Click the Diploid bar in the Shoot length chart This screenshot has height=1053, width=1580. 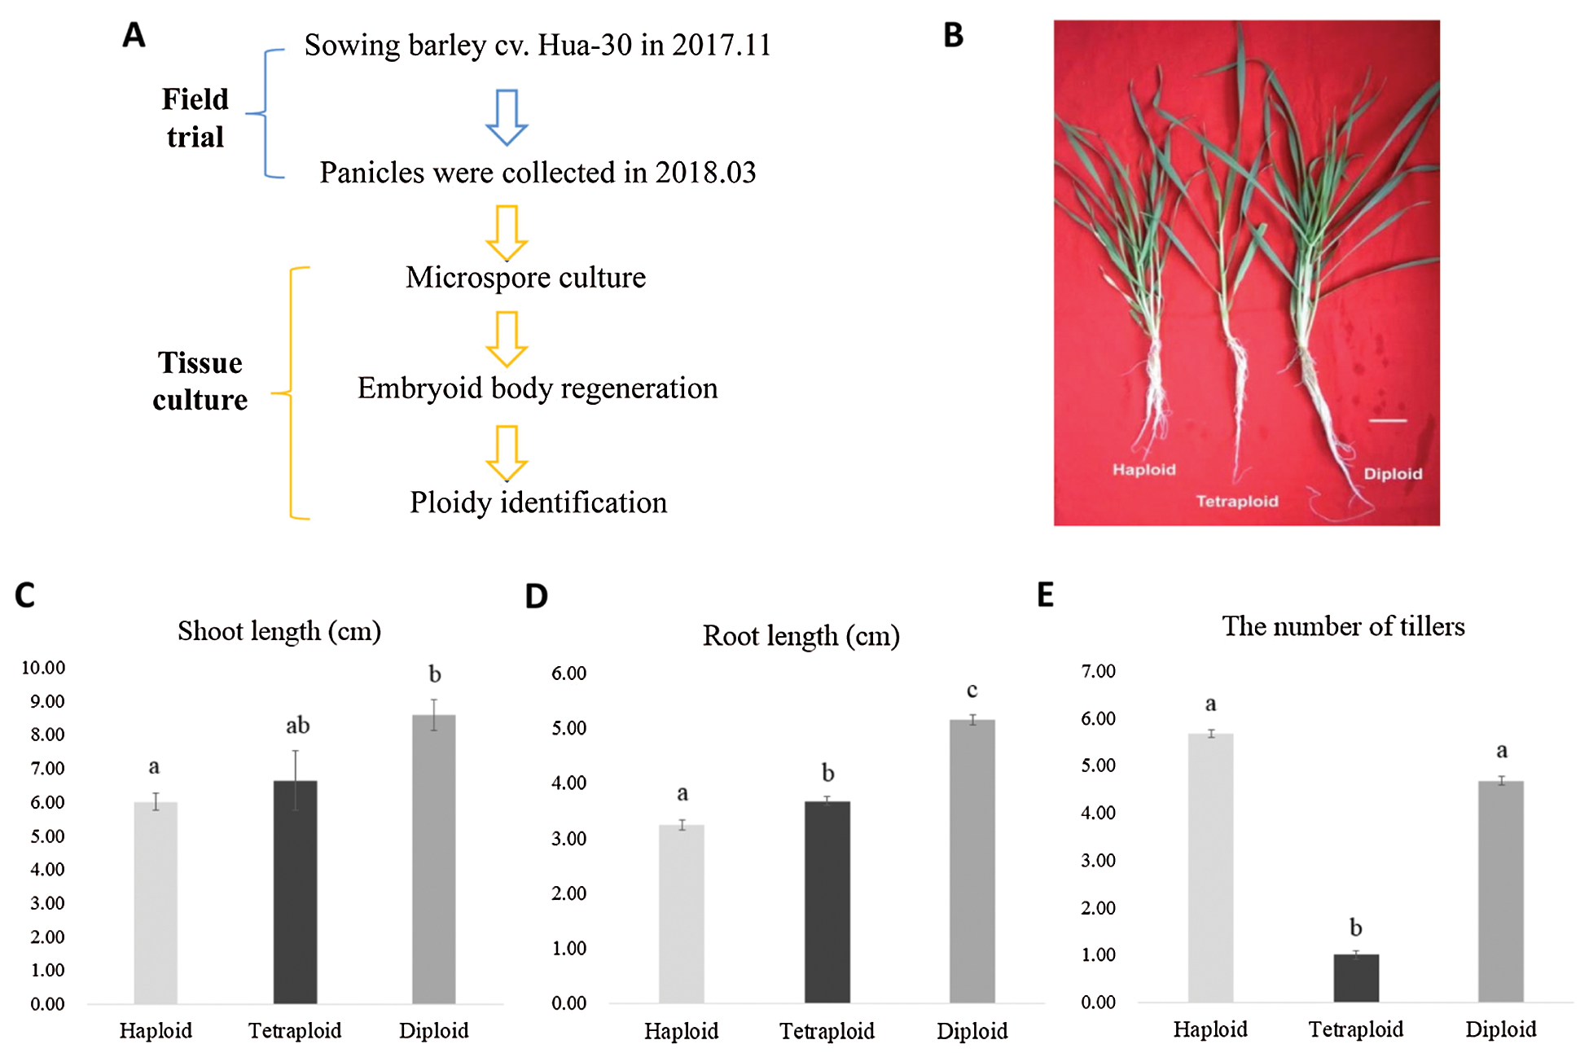(433, 859)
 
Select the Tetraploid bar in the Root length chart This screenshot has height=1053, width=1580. (827, 902)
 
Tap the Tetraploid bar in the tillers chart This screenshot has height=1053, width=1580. (1356, 977)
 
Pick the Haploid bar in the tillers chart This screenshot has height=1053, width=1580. (1210, 867)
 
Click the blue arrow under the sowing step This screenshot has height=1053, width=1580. (507, 117)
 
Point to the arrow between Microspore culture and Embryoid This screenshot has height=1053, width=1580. (507, 339)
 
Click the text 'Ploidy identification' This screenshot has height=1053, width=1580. (538, 502)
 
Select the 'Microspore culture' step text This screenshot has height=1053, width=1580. (525, 278)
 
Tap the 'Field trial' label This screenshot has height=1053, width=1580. (195, 118)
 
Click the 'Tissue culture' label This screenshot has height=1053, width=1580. (200, 381)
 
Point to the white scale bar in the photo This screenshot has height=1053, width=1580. (1387, 420)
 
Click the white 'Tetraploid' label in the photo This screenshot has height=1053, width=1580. (1236, 501)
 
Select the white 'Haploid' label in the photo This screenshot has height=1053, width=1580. (1143, 469)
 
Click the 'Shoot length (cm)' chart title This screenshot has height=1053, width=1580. (279, 631)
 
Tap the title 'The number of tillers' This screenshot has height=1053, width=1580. (1343, 626)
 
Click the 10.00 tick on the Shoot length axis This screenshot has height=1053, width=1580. (43, 668)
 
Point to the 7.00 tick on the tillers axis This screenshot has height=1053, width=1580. (1098, 671)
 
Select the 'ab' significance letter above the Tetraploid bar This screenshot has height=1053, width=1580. (297, 725)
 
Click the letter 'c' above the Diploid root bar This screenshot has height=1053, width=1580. (972, 691)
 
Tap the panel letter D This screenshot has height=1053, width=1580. (536, 596)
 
